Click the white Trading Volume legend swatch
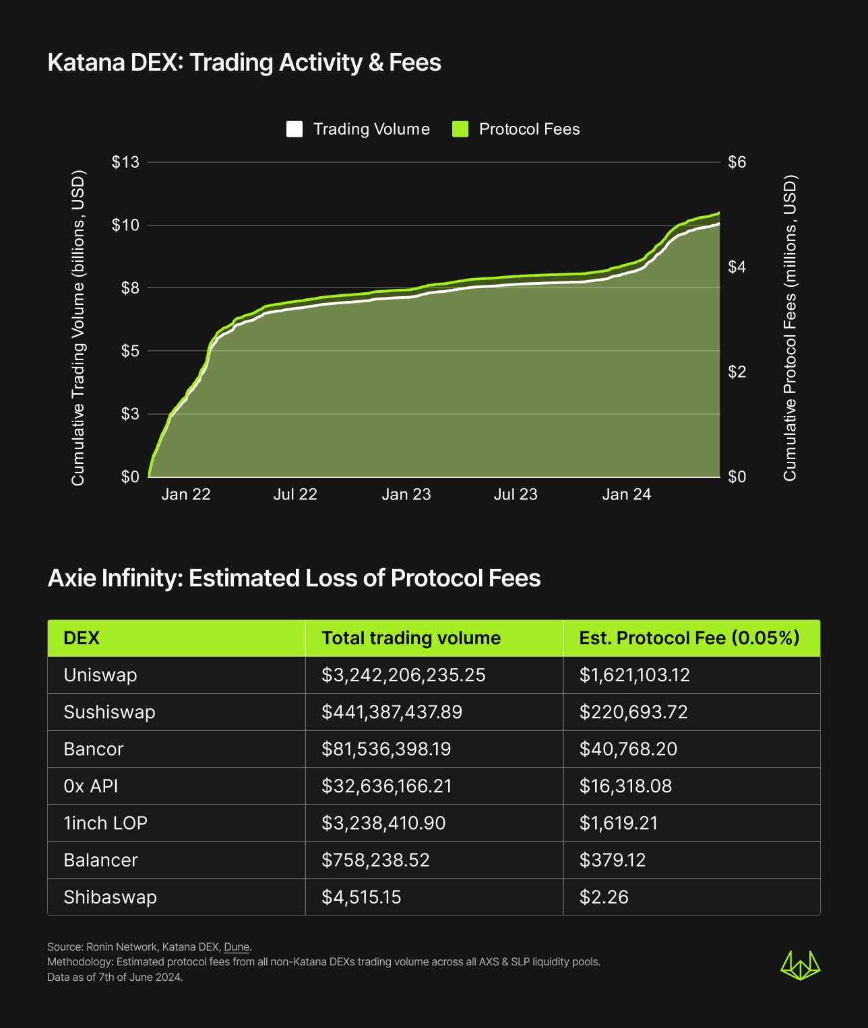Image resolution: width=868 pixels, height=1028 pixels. click(294, 129)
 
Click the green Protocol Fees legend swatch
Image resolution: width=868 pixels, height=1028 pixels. click(460, 129)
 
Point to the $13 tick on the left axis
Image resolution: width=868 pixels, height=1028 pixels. click(126, 162)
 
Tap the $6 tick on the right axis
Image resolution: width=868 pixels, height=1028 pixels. click(737, 162)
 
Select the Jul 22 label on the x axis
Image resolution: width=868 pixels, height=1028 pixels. click(295, 495)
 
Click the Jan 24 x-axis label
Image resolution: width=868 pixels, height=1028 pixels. click(627, 495)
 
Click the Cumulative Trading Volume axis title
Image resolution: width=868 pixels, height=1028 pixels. click(78, 328)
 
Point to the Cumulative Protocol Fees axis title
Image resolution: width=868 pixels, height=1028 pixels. click(790, 328)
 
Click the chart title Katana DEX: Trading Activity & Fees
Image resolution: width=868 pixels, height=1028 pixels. click(245, 63)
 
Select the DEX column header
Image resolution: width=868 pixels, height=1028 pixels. click(82, 638)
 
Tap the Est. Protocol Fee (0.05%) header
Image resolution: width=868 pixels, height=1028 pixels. click(689, 638)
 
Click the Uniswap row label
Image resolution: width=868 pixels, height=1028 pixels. click(100, 675)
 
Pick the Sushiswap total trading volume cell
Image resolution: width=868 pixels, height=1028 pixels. click(392, 712)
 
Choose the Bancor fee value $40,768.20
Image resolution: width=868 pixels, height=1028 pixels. click(628, 749)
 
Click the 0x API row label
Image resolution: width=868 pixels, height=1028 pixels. click(91, 786)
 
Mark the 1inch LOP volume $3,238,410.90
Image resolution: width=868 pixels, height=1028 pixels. click(383, 823)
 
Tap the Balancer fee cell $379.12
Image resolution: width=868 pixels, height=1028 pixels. click(613, 860)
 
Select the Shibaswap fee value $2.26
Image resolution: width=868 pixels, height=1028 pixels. click(604, 897)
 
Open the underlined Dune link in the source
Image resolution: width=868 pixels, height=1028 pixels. click(237, 947)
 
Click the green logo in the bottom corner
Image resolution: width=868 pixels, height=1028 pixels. click(800, 965)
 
